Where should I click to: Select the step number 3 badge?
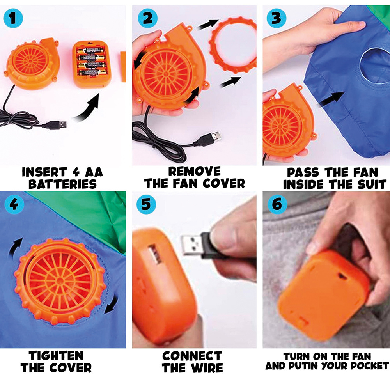pos(276,17)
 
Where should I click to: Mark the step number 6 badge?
pos(277,204)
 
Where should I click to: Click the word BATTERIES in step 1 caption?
pos(62,184)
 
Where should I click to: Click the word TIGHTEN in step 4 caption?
pos(56,355)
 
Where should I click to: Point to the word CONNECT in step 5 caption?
pos(192,356)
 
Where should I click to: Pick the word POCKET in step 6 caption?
pos(369,366)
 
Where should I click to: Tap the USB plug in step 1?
pos(55,125)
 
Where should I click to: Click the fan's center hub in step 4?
pos(60,280)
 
